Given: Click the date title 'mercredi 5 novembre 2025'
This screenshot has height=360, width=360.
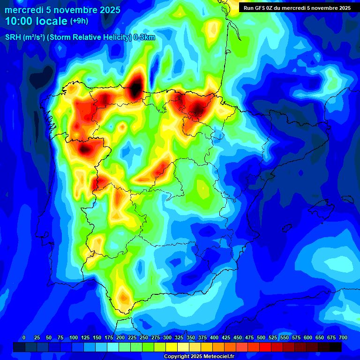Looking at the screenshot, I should pyautogui.click(x=63, y=10).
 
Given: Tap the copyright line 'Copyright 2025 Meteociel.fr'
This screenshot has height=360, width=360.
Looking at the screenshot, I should pyautogui.click(x=199, y=357).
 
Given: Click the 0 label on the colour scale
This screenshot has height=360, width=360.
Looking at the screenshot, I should pyautogui.click(x=24, y=338).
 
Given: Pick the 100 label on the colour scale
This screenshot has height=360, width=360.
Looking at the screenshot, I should pyautogui.click(x=74, y=338).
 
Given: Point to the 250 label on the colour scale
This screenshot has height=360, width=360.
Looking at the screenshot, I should pyautogui.click(x=144, y=338).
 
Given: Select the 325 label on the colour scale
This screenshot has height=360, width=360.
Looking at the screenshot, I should pyautogui.click(x=179, y=338).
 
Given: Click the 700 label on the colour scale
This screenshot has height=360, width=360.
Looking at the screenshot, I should pyautogui.click(x=343, y=338).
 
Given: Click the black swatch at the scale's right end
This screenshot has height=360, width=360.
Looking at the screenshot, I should pyautogui.click(x=336, y=347).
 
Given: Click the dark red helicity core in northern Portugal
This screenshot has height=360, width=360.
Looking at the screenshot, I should pyautogui.click(x=85, y=150).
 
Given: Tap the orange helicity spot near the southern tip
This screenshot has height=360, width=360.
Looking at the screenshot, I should pyautogui.click(x=123, y=297).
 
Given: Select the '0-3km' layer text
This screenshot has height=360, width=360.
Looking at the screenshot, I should pyautogui.click(x=144, y=37).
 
